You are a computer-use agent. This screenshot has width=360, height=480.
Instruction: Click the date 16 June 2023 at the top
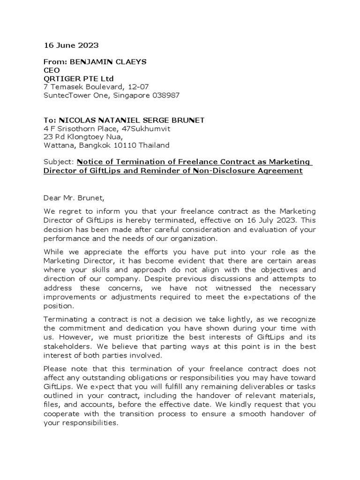(x=71, y=45)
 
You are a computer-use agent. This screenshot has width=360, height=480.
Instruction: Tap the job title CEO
(x=52, y=70)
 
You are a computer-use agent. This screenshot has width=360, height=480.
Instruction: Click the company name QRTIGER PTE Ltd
(x=78, y=78)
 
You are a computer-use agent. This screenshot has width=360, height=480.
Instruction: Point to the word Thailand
(x=155, y=145)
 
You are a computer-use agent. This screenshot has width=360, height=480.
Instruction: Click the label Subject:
(x=59, y=162)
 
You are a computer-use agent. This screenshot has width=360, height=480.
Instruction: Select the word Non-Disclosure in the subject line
(x=217, y=171)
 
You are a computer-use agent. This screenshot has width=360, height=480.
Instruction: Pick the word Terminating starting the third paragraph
(x=64, y=320)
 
